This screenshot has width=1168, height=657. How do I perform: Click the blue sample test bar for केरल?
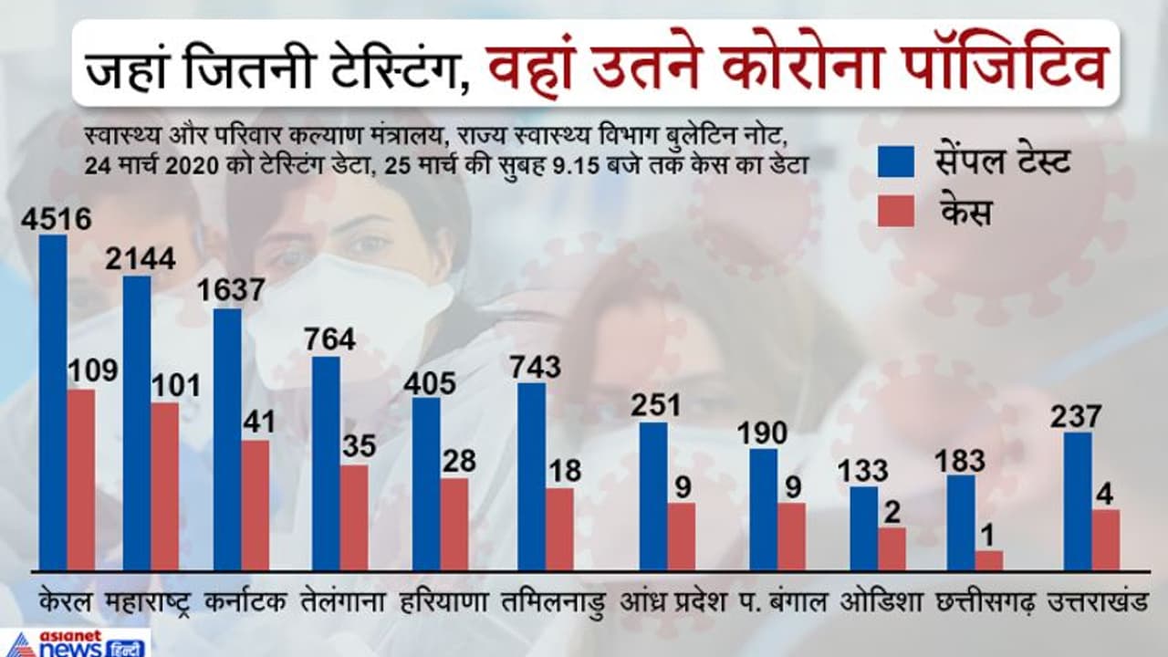53,402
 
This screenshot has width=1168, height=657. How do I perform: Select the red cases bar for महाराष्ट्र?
165,486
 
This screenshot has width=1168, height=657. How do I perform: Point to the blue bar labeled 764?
326,463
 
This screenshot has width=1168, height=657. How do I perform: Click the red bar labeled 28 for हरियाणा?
454,524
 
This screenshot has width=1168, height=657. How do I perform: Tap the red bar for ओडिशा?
892,548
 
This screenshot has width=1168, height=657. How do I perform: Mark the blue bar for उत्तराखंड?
1078,501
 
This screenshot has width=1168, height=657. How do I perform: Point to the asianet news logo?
75,642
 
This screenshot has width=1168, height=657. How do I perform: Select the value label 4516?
56,219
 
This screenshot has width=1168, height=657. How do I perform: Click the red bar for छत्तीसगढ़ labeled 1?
988,560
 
